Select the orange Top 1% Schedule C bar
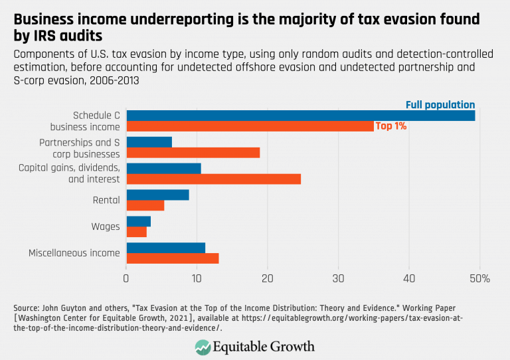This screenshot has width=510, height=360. tap(250, 126)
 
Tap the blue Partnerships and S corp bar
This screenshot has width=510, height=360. tap(149, 142)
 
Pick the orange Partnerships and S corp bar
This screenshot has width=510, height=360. tap(193, 153)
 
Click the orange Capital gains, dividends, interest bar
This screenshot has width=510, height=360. tap(213, 179)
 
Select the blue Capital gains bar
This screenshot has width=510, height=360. tap(163, 169)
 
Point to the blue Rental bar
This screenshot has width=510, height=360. tap(157, 195)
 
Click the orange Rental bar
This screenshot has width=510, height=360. tap(145, 205)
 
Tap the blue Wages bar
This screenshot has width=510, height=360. tap(138, 221)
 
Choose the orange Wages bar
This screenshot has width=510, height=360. tap(136, 232)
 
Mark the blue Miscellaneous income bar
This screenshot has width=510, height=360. tap(165, 248)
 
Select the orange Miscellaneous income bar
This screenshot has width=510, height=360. tap(172, 258)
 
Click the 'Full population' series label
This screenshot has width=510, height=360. tap(440, 104)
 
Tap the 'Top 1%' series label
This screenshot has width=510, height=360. tap(391, 126)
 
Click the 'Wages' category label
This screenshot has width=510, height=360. tap(106, 226)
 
